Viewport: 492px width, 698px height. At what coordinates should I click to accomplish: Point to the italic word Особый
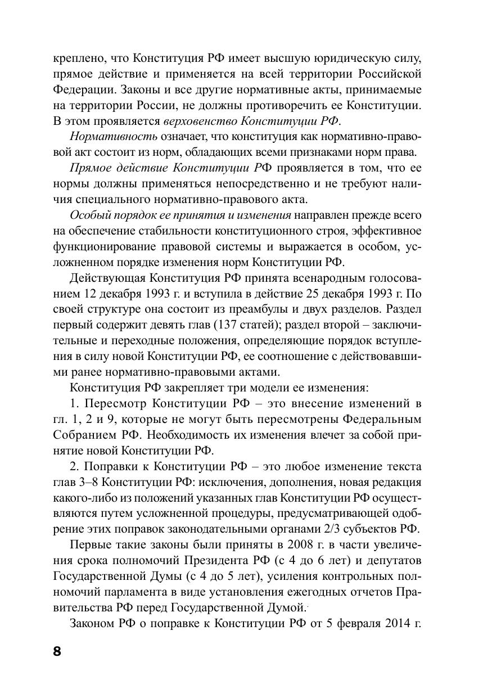pyautogui.click(x=88, y=215)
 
